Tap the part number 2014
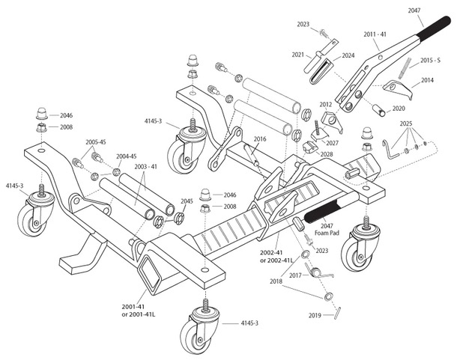pyautogui.click(x=427, y=79)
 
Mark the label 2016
pyautogui.click(x=259, y=138)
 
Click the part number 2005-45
pyautogui.click(x=96, y=141)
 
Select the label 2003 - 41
pyautogui.click(x=146, y=166)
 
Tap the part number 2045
pyautogui.click(x=187, y=201)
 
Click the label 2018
pyautogui.click(x=277, y=282)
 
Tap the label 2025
pyautogui.click(x=405, y=122)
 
